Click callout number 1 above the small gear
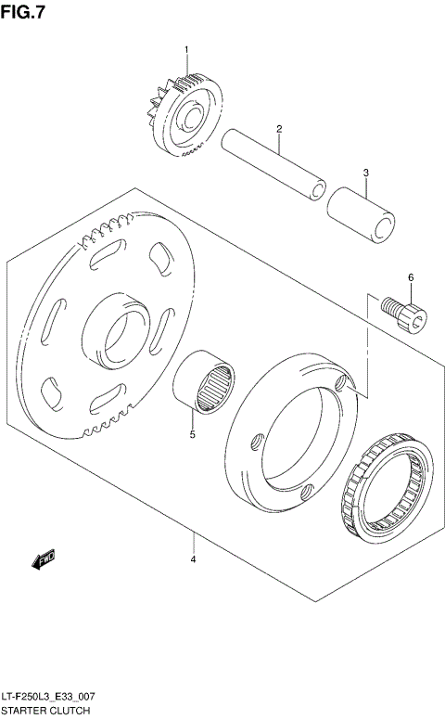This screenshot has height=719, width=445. pyautogui.click(x=185, y=49)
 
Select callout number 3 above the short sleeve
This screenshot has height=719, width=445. pyautogui.click(x=366, y=173)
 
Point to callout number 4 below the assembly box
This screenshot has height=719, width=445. pyautogui.click(x=193, y=559)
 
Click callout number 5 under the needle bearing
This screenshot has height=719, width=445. pyautogui.click(x=193, y=433)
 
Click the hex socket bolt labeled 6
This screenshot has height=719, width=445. pyautogui.click(x=405, y=314)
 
